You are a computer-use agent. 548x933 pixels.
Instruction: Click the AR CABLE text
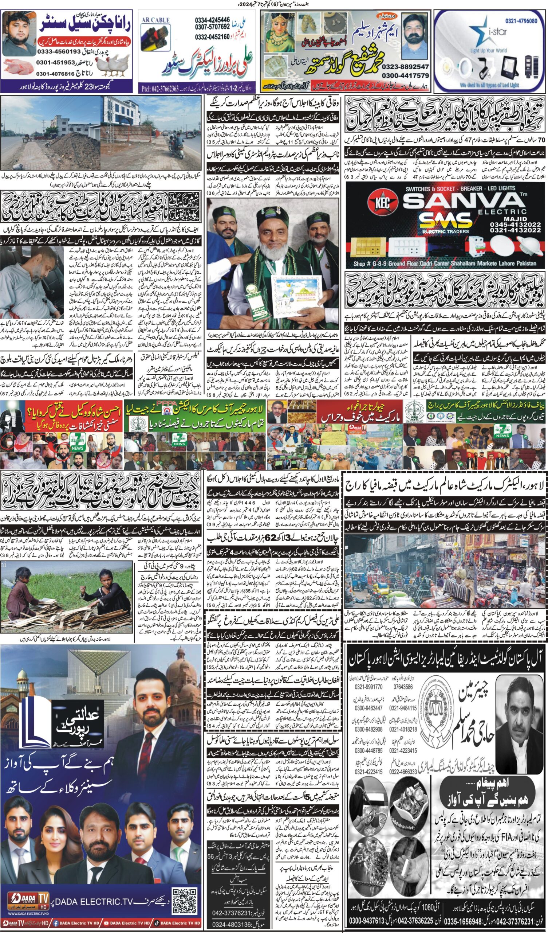point(155,20)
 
